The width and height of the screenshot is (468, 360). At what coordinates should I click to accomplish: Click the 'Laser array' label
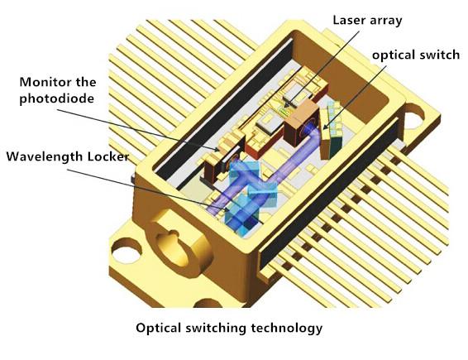367,21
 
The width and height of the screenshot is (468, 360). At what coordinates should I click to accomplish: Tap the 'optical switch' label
416,55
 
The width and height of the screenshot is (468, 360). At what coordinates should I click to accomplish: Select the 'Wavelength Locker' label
68,156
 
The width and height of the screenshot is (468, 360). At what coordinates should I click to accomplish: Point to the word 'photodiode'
57,98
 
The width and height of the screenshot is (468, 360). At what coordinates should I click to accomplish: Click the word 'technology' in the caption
287,328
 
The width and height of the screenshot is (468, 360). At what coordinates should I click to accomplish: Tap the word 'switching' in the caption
216,328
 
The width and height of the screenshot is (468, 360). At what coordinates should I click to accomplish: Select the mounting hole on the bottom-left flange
127,251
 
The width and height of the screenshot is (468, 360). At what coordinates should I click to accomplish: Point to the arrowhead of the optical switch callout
325,127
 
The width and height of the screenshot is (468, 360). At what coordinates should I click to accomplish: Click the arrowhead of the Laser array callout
286,105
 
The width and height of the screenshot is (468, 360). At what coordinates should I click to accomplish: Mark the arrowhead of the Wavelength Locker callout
227,210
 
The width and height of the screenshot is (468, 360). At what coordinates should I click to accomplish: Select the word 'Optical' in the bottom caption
159,328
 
